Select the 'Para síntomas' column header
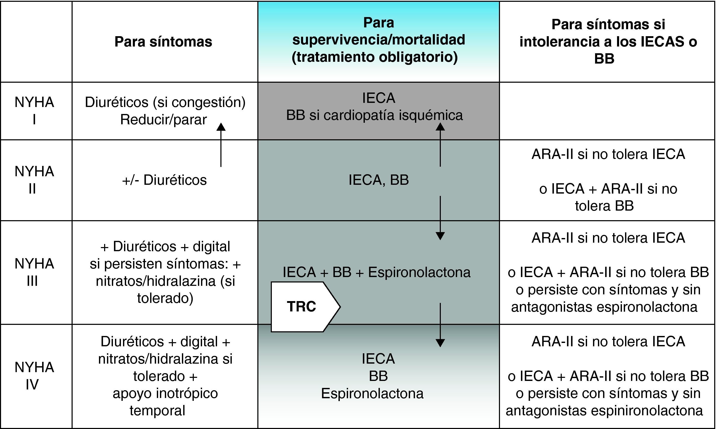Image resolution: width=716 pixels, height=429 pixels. click(163, 42)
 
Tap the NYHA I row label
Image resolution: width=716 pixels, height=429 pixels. click(34, 111)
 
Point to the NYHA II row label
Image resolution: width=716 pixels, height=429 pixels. click(34, 180)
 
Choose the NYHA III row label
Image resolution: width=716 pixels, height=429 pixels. click(34, 272)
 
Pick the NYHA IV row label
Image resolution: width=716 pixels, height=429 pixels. click(34, 376)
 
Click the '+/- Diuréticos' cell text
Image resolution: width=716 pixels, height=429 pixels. click(164, 180)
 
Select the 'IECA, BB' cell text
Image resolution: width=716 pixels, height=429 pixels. click(379, 180)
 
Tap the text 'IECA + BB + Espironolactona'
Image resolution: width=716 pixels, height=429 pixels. click(376, 272)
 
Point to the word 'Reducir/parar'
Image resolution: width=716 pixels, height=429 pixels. click(164, 120)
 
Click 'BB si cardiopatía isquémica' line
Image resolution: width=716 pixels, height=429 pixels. click(374, 115)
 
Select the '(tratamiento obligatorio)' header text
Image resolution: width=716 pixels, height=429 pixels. click(374, 57)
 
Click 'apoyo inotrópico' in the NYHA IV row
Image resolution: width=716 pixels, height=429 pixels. click(165, 393)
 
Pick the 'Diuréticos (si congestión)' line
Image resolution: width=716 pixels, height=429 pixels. click(165, 102)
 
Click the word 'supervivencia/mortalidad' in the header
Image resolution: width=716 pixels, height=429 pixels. click(379, 40)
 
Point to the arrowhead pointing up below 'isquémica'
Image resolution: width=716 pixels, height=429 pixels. click(440, 126)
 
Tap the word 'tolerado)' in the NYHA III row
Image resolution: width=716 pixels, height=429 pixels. click(165, 298)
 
